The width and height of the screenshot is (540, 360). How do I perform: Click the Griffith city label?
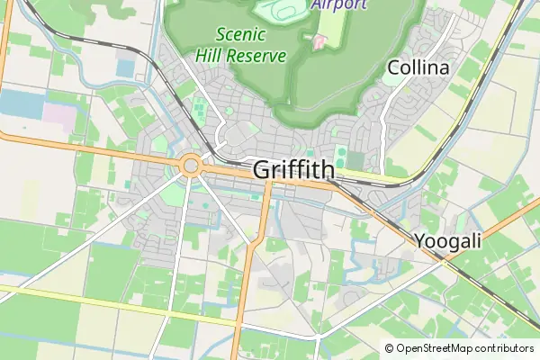coord(293,169)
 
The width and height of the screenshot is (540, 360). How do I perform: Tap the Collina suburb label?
coord(418,67)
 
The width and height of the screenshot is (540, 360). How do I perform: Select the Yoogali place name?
coord(448,240)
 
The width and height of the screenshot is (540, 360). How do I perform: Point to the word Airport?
coord(339,4)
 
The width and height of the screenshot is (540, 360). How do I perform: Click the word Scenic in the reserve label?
coord(240,35)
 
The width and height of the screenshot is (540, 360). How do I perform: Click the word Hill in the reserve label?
coord(209,56)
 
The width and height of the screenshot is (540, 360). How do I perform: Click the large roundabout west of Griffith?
coord(190,165)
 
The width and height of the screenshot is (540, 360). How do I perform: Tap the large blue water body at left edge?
coord(20,104)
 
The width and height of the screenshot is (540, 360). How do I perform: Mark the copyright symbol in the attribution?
coord(390,348)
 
